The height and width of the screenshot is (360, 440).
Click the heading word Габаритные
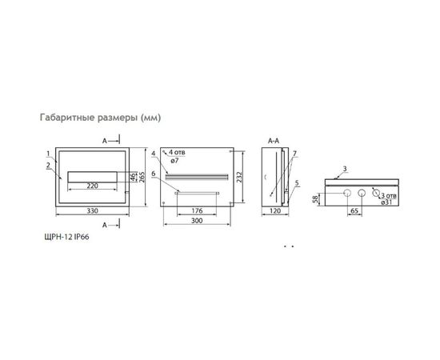tap(67, 118)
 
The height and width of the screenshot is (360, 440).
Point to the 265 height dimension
tap(142, 177)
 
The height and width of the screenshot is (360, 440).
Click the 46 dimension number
tap(133, 177)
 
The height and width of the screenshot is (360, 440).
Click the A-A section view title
tap(272, 141)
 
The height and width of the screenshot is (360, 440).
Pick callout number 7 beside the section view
tap(294, 153)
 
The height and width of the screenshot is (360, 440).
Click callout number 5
tap(296, 182)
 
